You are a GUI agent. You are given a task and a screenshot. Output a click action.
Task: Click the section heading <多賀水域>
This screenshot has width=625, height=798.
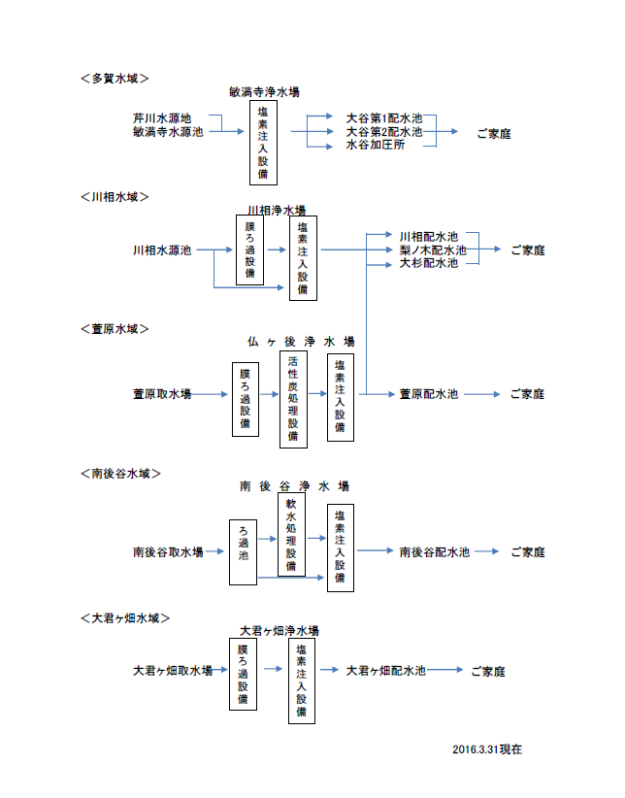(115, 78)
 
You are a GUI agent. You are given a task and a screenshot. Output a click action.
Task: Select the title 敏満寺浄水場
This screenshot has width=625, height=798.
(264, 92)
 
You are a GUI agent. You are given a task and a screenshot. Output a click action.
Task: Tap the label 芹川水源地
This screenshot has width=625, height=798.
(162, 118)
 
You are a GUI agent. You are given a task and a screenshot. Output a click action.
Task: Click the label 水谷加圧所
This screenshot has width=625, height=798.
(376, 145)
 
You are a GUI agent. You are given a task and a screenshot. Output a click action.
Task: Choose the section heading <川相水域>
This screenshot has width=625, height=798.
(115, 197)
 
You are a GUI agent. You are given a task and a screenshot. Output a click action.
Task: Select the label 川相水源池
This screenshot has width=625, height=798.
(162, 250)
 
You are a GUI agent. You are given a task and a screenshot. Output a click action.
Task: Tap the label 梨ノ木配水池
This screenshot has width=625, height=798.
(433, 250)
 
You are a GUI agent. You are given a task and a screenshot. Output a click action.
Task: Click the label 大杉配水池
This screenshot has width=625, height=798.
(428, 263)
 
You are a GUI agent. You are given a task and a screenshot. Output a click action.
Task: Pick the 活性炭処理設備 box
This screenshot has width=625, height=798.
(293, 399)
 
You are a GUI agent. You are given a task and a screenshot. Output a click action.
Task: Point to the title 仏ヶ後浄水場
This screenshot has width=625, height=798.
(301, 342)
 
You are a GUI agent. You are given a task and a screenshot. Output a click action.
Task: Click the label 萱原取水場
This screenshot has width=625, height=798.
(162, 394)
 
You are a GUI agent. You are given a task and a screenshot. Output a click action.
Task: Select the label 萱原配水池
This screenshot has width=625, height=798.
(428, 394)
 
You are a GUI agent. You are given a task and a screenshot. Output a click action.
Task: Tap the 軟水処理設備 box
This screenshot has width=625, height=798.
(291, 535)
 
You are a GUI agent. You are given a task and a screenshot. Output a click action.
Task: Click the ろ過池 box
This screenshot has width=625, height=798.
(244, 551)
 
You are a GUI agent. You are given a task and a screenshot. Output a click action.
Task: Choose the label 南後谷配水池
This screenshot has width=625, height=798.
(434, 551)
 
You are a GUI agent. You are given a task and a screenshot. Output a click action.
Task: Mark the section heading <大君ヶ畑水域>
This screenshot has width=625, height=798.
(126, 617)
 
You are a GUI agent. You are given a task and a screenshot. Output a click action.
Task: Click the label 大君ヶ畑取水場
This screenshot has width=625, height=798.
(173, 671)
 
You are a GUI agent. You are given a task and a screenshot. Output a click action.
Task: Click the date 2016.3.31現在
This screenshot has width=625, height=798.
(488, 749)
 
